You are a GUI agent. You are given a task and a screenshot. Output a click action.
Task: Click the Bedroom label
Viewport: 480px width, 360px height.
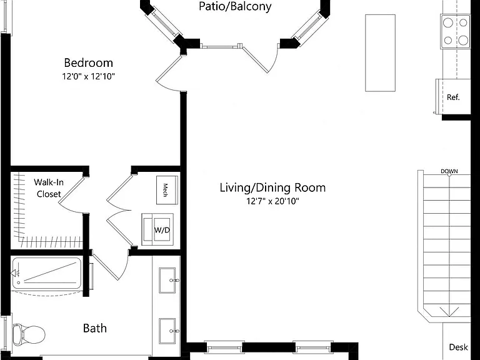click(x=89, y=62)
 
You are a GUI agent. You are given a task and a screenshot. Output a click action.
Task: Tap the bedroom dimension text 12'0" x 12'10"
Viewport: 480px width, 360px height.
click(x=89, y=76)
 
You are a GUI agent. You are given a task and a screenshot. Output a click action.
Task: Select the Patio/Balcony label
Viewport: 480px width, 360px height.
click(x=235, y=7)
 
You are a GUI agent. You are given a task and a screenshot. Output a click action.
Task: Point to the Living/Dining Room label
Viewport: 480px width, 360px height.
click(x=272, y=187)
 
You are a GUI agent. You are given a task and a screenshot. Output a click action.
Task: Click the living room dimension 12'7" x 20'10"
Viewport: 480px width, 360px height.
click(x=272, y=201)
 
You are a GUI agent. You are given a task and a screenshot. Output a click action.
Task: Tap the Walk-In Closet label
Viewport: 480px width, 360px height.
click(x=49, y=188)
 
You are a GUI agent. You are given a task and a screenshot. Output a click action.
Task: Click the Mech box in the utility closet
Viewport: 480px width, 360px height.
click(x=167, y=190)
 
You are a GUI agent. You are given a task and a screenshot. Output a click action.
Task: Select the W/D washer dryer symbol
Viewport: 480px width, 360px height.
click(x=157, y=229)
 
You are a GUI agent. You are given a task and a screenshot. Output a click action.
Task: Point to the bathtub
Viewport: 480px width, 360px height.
click(x=47, y=273)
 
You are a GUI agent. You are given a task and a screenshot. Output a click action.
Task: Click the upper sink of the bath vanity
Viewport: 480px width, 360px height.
click(x=167, y=281)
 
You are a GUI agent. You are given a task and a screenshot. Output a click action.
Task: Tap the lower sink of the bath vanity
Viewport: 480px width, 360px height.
click(x=167, y=331)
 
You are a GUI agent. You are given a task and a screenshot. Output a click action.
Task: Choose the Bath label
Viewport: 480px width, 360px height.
click(x=95, y=328)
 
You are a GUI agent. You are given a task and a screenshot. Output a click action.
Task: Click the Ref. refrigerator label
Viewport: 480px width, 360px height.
click(x=453, y=97)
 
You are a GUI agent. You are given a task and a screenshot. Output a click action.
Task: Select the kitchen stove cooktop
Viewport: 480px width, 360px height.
click(x=456, y=31)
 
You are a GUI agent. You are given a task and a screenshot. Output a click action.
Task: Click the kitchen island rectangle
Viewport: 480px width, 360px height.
click(x=380, y=53)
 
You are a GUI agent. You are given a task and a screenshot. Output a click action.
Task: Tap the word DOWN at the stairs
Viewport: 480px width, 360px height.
click(x=449, y=171)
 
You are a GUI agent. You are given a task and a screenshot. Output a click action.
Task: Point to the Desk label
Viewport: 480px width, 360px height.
click(x=458, y=347)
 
